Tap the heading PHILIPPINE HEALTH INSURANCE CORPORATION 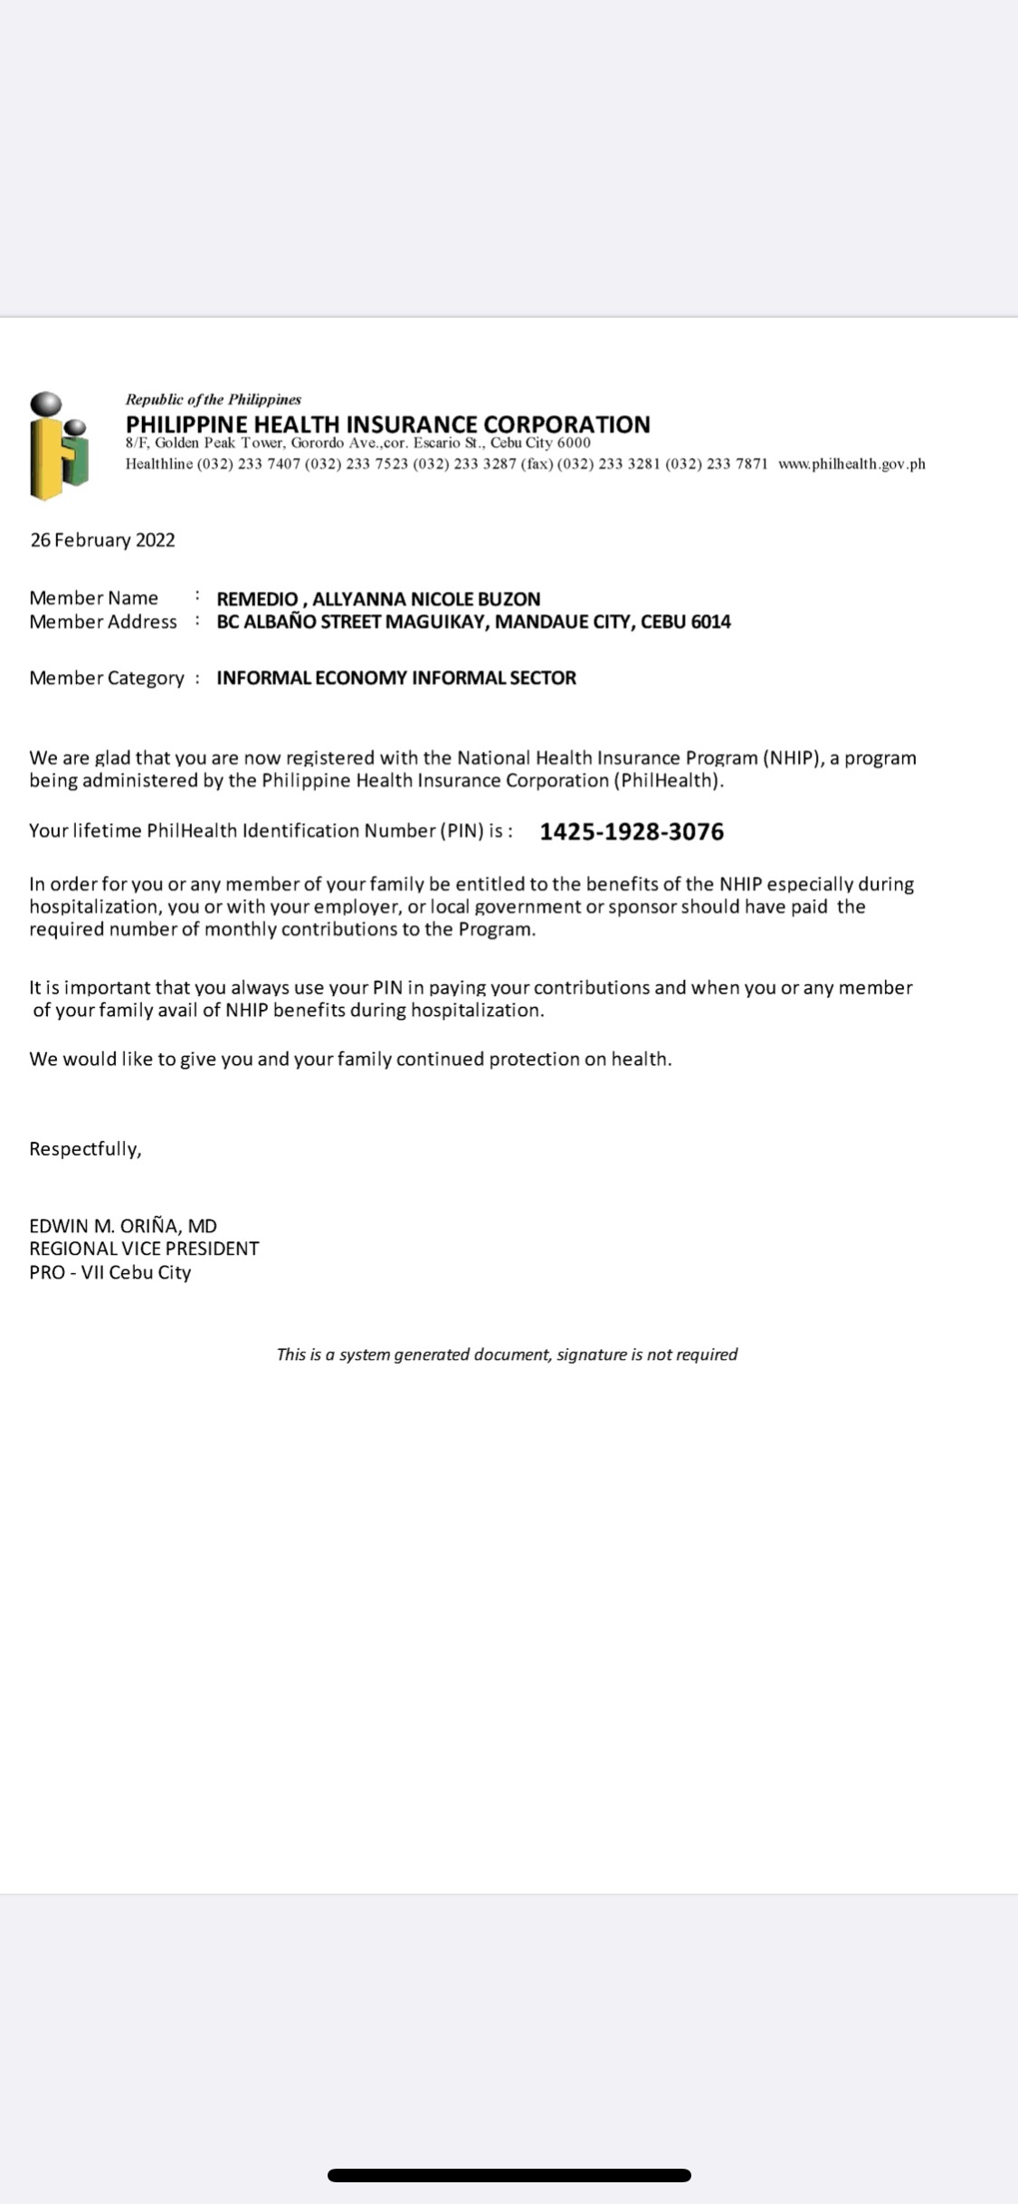387,424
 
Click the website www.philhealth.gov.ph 852,464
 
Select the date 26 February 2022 102,540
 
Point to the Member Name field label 93,598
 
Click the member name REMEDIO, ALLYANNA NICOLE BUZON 378,599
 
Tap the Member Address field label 102,622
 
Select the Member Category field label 106,678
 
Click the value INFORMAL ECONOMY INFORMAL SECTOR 395,678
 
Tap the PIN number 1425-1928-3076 632,831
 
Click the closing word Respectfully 85,1149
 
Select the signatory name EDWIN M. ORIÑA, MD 123,1226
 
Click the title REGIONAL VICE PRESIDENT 144,1249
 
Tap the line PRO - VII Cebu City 110,1272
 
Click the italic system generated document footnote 507,1354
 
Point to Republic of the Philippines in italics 213,399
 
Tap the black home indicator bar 509,2175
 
